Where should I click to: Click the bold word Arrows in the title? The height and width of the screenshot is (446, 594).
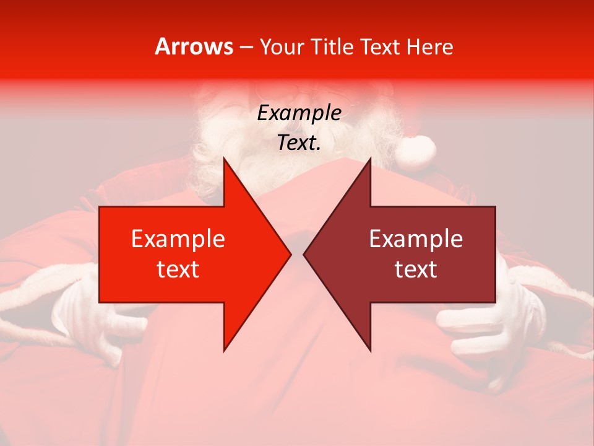click(x=194, y=46)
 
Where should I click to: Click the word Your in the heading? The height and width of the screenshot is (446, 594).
click(x=282, y=46)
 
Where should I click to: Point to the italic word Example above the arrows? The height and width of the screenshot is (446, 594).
click(x=299, y=113)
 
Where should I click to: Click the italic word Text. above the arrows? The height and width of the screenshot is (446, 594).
click(x=299, y=143)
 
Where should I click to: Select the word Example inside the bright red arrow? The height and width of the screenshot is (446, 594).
click(x=178, y=239)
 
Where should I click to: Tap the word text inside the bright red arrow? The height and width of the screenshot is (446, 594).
click(x=178, y=269)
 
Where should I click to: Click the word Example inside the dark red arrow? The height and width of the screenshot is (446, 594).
click(x=416, y=239)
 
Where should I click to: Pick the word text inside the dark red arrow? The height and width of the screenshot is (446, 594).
click(x=416, y=269)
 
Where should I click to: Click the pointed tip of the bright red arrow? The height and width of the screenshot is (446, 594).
click(x=290, y=254)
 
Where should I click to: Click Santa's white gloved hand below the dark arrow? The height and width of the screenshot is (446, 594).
click(x=489, y=328)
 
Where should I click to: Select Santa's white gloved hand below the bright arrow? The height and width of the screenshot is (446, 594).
click(x=99, y=322)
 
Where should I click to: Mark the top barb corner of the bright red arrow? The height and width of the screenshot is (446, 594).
click(x=224, y=159)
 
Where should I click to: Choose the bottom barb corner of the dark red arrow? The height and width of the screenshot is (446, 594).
click(x=370, y=351)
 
